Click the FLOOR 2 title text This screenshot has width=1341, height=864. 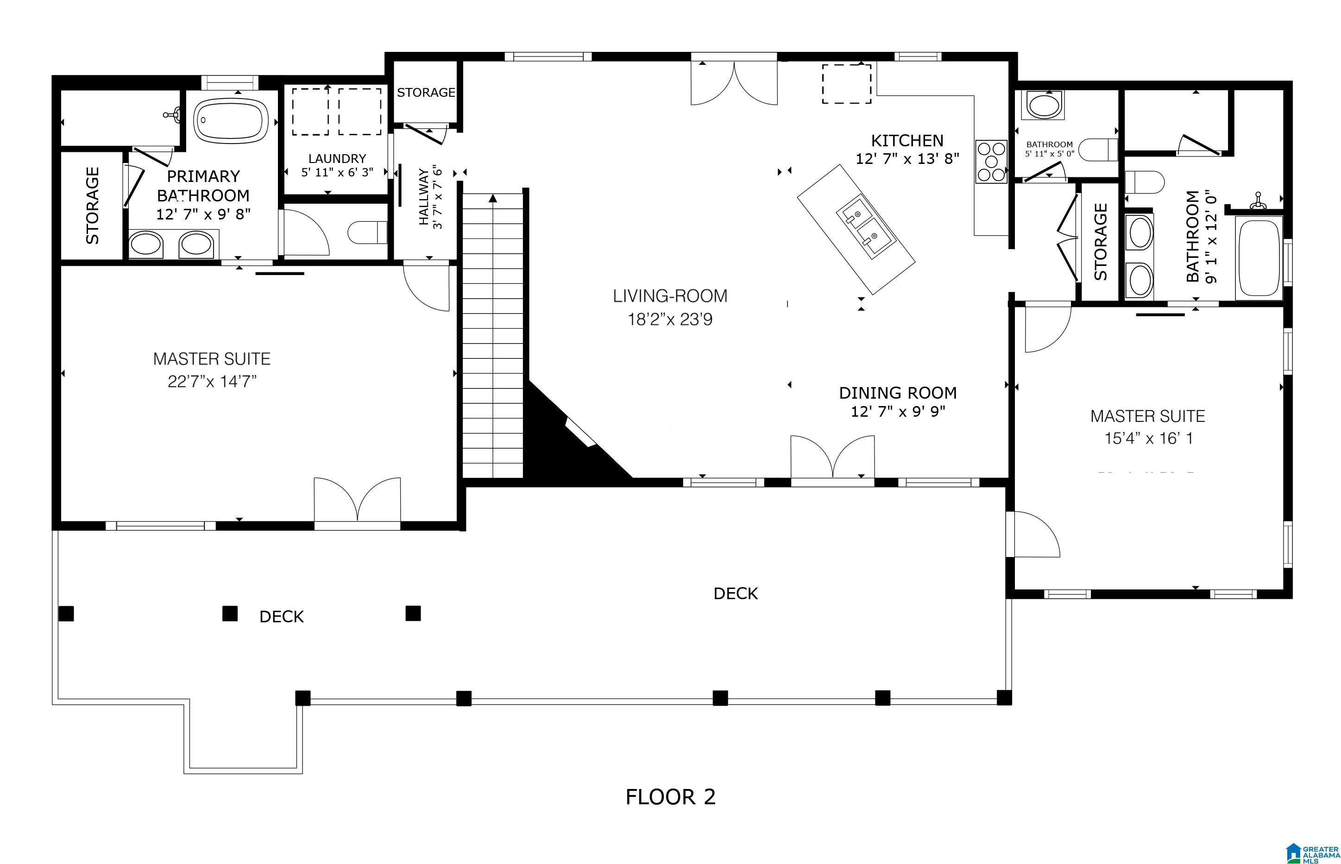click(671, 797)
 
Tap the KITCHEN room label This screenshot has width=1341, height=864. click(907, 140)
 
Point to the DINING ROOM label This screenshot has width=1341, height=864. click(898, 393)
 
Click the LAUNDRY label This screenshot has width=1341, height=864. click(337, 159)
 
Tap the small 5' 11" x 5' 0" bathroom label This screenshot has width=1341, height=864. click(1050, 153)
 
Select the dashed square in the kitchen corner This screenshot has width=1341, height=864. click(847, 84)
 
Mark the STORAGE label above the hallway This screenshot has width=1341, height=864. click(426, 93)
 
